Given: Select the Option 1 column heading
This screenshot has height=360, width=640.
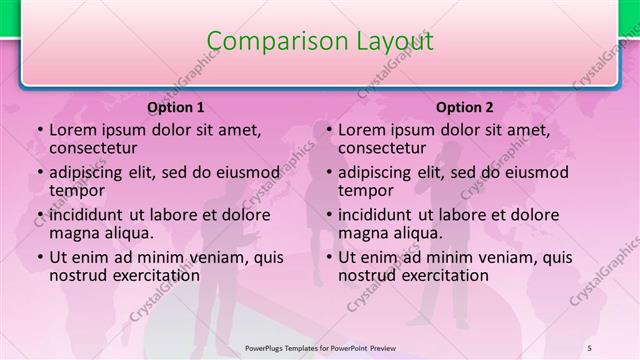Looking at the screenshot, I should [x=176, y=107].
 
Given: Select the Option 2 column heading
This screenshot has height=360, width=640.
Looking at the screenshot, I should [x=465, y=107].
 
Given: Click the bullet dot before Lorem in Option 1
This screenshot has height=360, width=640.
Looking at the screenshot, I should [x=39, y=131].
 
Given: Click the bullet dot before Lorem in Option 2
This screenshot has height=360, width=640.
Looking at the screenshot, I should [x=328, y=131].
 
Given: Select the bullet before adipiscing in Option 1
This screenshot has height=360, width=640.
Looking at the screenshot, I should [x=39, y=173].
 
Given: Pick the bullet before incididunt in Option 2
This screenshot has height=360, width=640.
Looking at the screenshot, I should [x=328, y=216].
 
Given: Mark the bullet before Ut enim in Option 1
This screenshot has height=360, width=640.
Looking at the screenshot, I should [x=39, y=258].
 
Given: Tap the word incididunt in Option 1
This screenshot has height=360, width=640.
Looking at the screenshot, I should [x=93, y=215].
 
